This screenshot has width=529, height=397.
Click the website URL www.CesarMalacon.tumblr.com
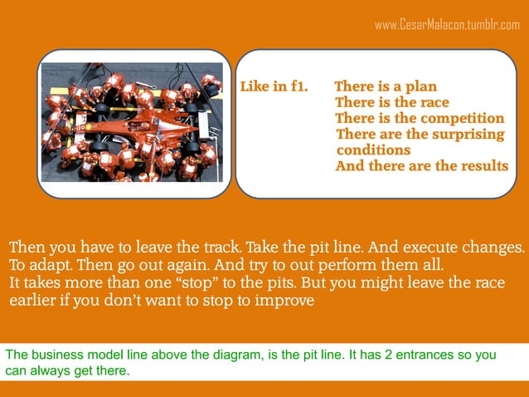(x=447, y=25)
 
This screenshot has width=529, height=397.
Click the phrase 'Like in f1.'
(x=274, y=86)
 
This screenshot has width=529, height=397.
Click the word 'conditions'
(x=373, y=150)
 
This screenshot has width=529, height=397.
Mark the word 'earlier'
(x=34, y=301)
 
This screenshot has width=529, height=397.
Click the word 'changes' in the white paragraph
(x=497, y=248)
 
